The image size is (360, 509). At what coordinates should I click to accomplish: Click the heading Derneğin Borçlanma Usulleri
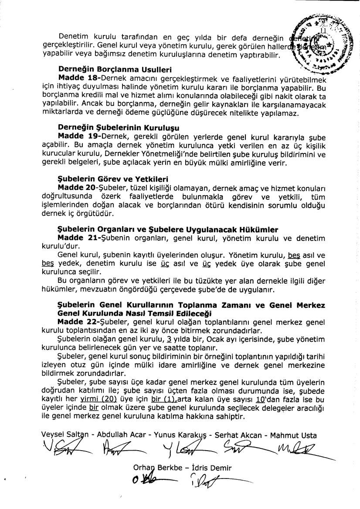coord(115,70)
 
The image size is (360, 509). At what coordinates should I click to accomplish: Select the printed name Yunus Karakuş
coord(179,435)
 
